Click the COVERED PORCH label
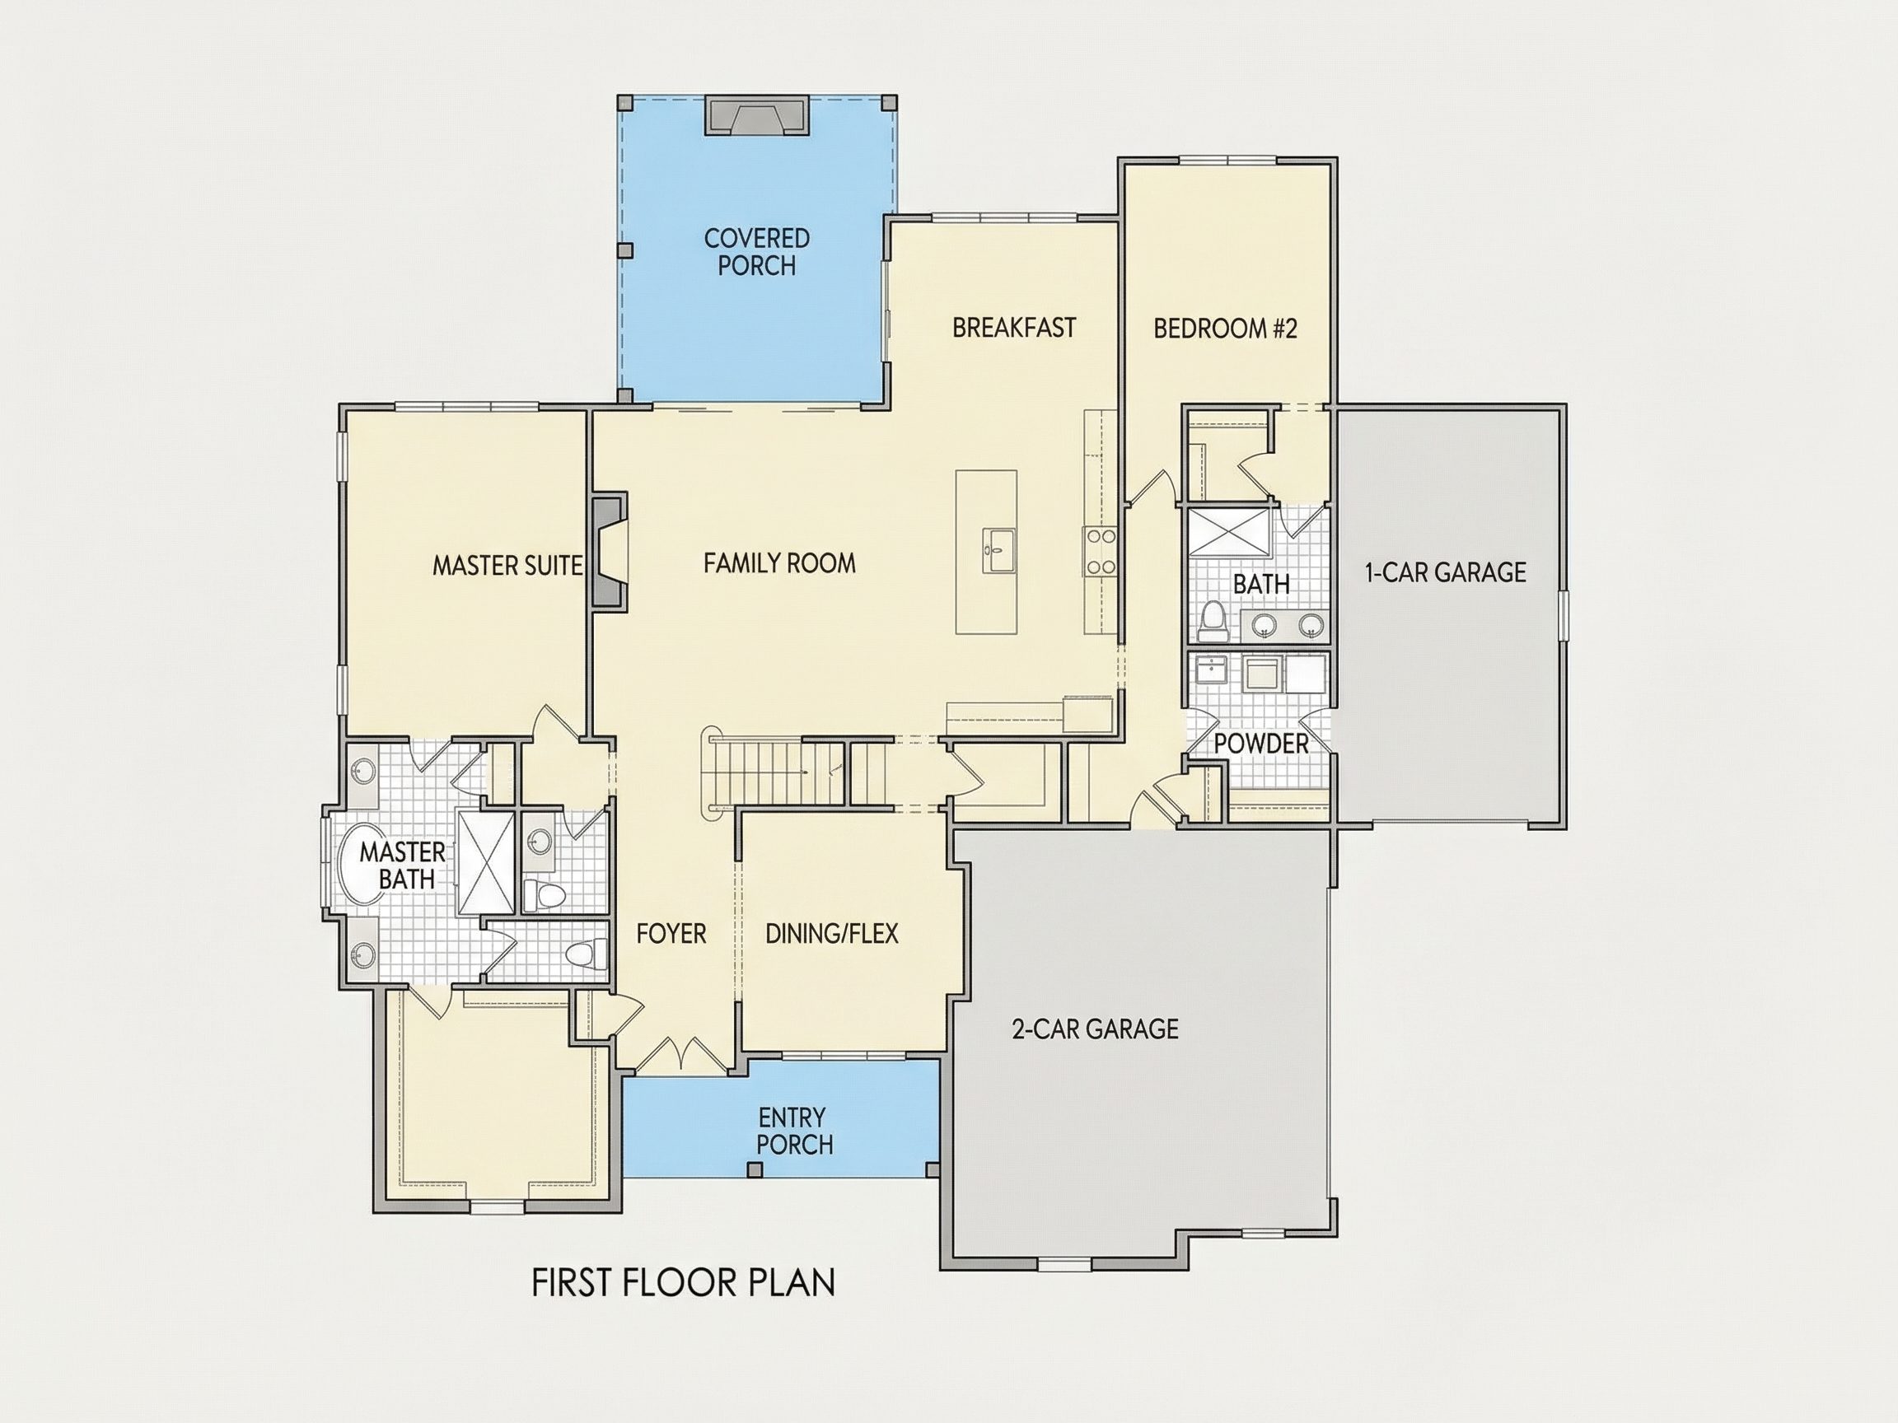pos(757,251)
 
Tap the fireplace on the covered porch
pos(757,115)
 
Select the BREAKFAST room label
pos(1013,328)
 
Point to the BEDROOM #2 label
pos(1224,329)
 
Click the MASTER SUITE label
pos(507,565)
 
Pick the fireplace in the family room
pos(610,551)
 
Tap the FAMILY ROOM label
pos(779,562)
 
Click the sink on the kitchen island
pos(998,551)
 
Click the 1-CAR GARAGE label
pos(1446,572)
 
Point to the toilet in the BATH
pos(1213,621)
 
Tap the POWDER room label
pos(1261,744)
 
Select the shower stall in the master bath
pos(486,861)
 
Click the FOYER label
pos(671,933)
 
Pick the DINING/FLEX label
pos(831,933)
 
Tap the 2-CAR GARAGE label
pos(1095,1029)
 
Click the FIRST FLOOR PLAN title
pos(683,1282)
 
